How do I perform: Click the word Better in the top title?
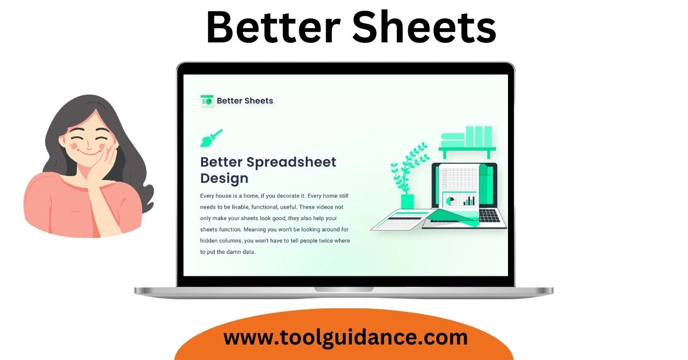point(273,27)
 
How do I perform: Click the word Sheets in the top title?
point(424,27)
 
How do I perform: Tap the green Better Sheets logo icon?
point(207,100)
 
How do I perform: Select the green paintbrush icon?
point(212,138)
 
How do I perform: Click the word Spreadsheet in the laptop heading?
point(291,162)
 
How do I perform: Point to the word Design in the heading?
point(224,178)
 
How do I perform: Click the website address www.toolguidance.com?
point(346,338)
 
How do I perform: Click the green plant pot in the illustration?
point(408,201)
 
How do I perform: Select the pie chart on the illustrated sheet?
point(450,201)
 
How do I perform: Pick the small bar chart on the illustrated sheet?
point(469,201)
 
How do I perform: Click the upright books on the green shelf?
point(479,136)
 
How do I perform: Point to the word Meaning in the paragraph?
point(255,229)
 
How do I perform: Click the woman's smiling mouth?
point(89,152)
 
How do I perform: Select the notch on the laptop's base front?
point(343,289)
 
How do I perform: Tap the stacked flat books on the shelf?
point(453,140)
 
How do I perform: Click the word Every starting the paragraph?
point(208,196)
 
